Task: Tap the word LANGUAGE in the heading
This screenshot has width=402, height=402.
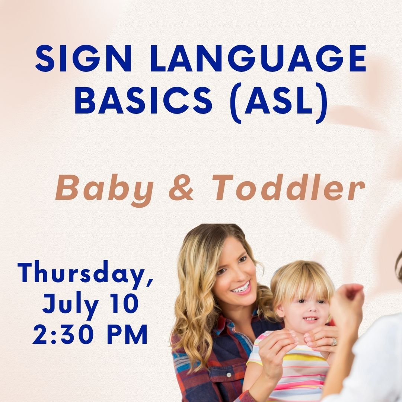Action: click(258, 59)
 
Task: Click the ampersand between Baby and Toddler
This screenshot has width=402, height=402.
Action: click(181, 188)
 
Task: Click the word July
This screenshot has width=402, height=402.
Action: click(70, 305)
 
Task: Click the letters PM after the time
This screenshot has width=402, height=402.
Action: click(127, 334)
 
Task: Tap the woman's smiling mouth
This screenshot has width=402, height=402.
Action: click(241, 288)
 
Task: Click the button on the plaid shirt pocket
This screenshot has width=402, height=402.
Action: click(229, 375)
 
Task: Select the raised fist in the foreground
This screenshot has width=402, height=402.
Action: click(346, 303)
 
